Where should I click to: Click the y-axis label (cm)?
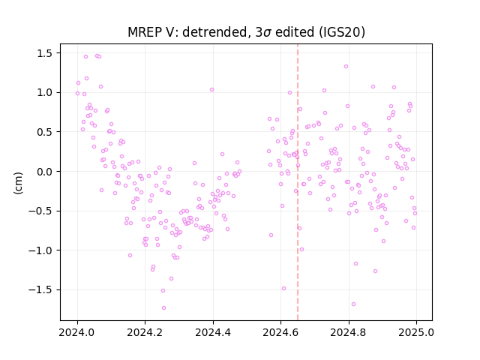pos(18,183)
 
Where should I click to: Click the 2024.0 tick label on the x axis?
pos(77,332)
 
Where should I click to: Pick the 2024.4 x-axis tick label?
pos(213,332)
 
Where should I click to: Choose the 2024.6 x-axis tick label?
pos(280,332)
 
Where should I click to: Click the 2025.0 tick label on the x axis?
pos(416,332)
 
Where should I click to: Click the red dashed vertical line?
pos(298,182)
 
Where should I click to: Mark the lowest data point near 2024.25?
pos(163,307)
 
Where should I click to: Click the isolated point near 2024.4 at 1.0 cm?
pos(211,90)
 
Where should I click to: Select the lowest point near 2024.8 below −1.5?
pos(353,304)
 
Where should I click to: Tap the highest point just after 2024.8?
pos(346,67)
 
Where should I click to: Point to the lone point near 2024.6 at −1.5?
pos(283,288)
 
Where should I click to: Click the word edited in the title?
pos(295,31)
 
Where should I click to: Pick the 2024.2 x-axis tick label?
pos(145,332)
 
